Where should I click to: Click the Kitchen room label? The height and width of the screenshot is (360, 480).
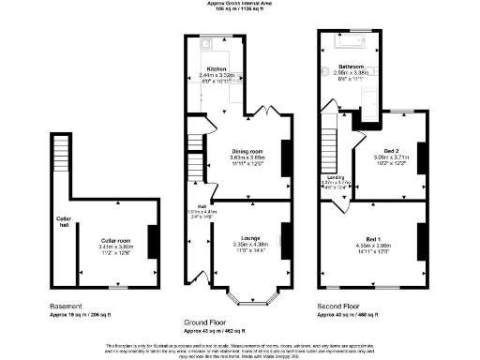click(217, 69)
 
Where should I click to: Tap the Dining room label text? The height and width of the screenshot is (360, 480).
click(248, 151)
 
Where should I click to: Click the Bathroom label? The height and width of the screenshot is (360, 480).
click(352, 67)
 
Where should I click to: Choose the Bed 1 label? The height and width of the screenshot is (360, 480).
click(372, 238)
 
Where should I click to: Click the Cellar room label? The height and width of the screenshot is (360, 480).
click(116, 240)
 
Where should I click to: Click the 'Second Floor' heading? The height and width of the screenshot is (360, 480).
click(339, 306)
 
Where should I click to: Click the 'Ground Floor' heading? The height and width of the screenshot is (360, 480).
click(209, 322)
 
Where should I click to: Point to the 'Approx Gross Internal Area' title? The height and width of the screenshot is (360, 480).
click(240, 4)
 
